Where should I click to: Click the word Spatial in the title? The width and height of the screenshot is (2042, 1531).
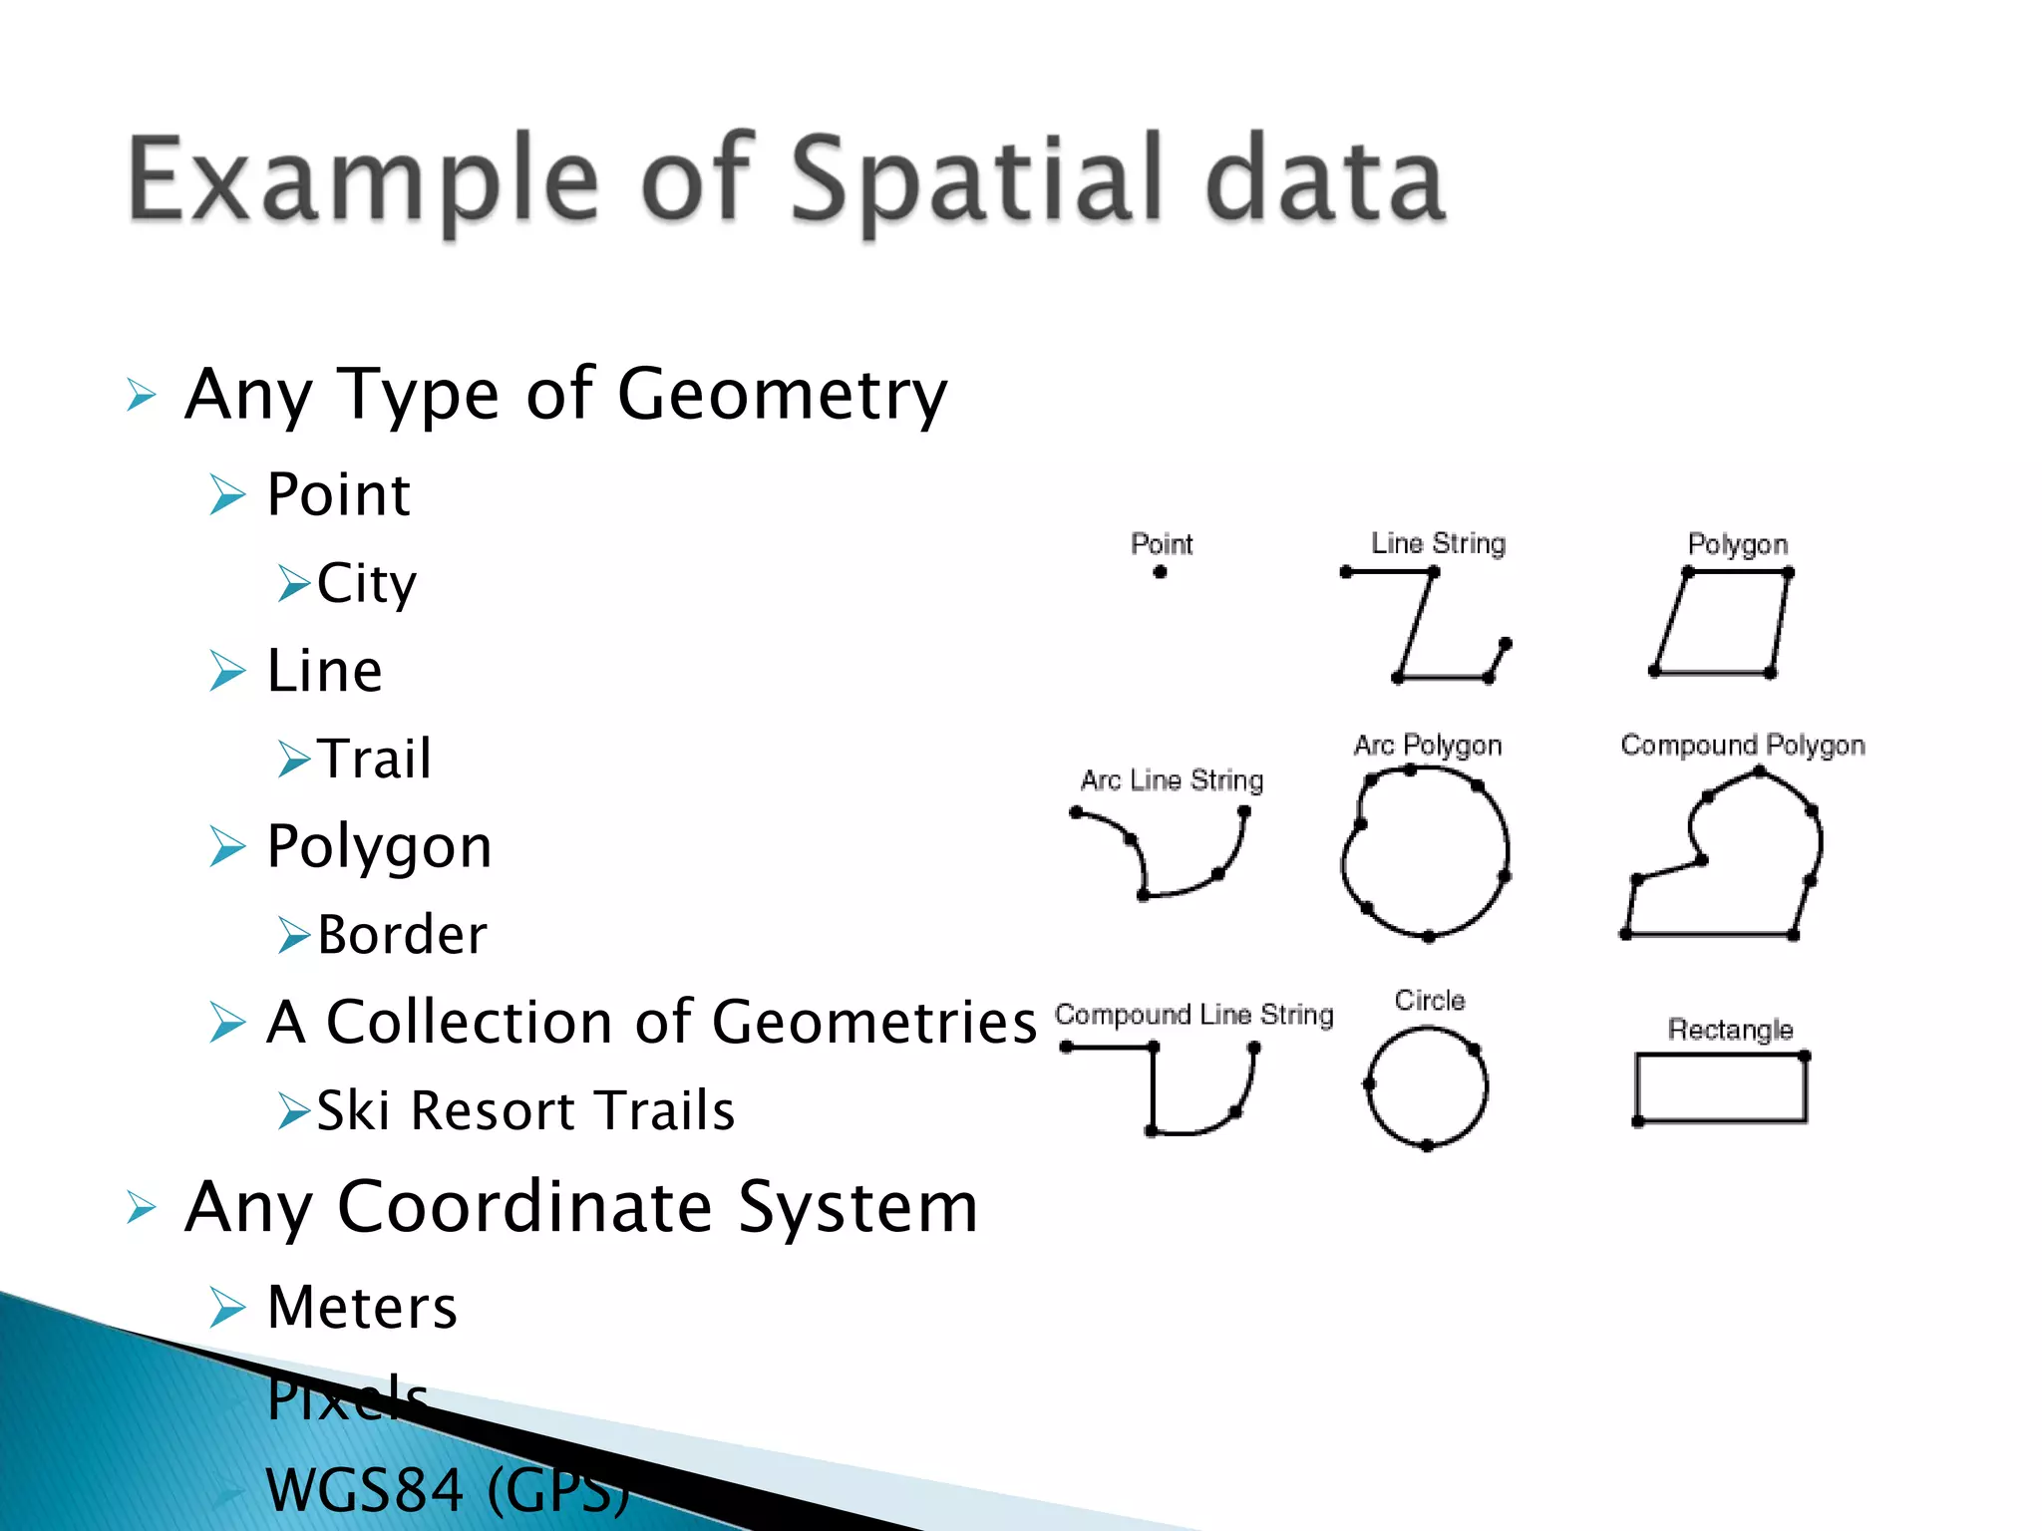[x=977, y=179]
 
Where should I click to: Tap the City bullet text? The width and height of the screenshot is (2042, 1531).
[x=367, y=584]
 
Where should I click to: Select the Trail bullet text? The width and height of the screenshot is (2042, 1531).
[x=375, y=759]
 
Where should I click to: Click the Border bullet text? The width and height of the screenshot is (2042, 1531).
[x=403, y=935]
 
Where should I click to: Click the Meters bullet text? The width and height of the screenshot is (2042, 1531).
[x=363, y=1307]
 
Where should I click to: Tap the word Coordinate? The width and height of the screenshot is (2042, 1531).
[x=524, y=1207]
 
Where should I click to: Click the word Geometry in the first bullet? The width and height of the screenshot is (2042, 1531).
[x=782, y=395]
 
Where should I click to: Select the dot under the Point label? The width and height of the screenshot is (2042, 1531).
[x=1160, y=572]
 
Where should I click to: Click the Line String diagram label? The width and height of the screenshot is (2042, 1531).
[x=1438, y=543]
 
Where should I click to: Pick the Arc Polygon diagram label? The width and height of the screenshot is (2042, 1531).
[x=1428, y=746]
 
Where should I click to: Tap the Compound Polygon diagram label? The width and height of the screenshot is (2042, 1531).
[x=1743, y=746]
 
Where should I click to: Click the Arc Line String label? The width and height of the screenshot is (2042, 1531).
[x=1172, y=780]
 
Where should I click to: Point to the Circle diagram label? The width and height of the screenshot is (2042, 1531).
[x=1430, y=1001]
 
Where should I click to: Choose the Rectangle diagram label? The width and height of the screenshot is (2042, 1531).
[x=1730, y=1030]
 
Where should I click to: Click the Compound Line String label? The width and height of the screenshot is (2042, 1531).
[x=1193, y=1015]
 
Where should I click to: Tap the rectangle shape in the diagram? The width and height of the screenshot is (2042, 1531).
[x=1721, y=1088]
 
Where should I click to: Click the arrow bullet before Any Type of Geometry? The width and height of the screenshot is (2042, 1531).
[x=142, y=396]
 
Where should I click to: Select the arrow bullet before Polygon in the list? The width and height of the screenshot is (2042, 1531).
[x=227, y=847]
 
